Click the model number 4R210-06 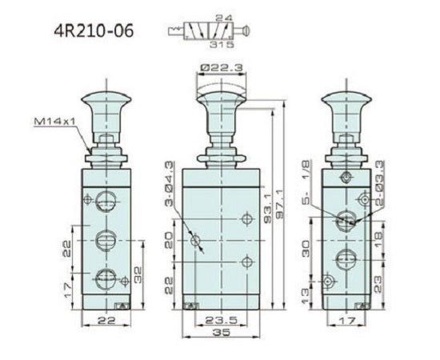tap(94, 31)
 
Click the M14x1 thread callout tap(55, 122)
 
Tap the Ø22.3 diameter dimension tap(222, 68)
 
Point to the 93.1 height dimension tap(267, 209)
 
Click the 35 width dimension tap(222, 332)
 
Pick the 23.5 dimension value tap(222, 320)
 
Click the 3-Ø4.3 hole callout tap(169, 184)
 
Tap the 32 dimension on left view tap(138, 275)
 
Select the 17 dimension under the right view tap(347, 321)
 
